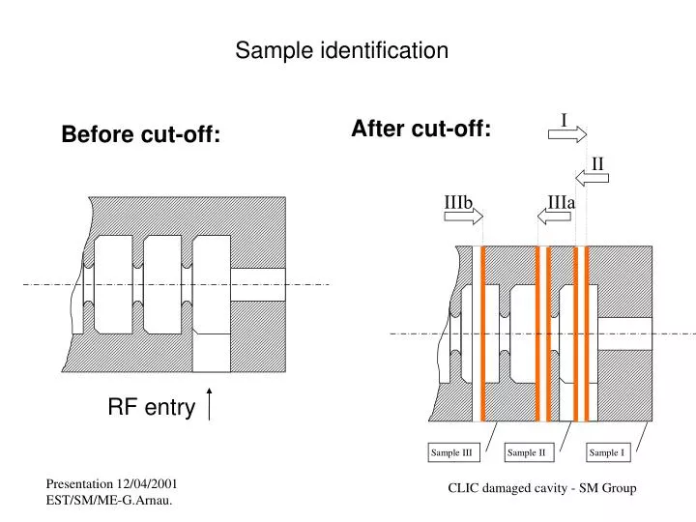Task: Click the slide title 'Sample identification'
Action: [342, 50]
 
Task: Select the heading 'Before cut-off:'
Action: [141, 135]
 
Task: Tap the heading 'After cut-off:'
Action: [421, 129]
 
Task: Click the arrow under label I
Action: [567, 134]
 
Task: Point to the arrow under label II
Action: [594, 177]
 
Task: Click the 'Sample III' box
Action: [450, 452]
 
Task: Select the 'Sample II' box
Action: [527, 452]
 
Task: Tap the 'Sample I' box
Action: [607, 452]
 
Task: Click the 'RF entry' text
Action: [151, 409]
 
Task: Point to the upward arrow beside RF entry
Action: [210, 404]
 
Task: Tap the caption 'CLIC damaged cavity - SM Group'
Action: [541, 489]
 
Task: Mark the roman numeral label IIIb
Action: [457, 201]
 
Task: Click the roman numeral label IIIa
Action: [561, 201]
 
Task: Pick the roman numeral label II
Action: [597, 162]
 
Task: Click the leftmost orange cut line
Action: [483, 333]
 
